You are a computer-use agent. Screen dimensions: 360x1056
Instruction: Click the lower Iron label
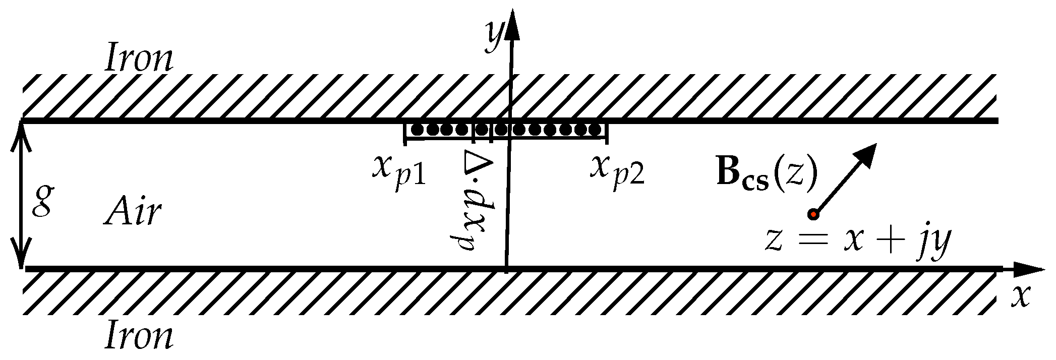pyautogui.click(x=139, y=337)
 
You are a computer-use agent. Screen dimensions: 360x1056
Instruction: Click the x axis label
pyautogui.click(x=1020, y=297)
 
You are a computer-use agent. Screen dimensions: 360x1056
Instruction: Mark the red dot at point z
pyautogui.click(x=812, y=214)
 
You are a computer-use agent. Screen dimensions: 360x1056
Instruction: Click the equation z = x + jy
pyautogui.click(x=857, y=241)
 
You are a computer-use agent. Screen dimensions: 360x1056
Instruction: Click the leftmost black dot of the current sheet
pyautogui.click(x=417, y=130)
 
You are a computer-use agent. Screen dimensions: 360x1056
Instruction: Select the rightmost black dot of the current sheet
pyautogui.click(x=595, y=130)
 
